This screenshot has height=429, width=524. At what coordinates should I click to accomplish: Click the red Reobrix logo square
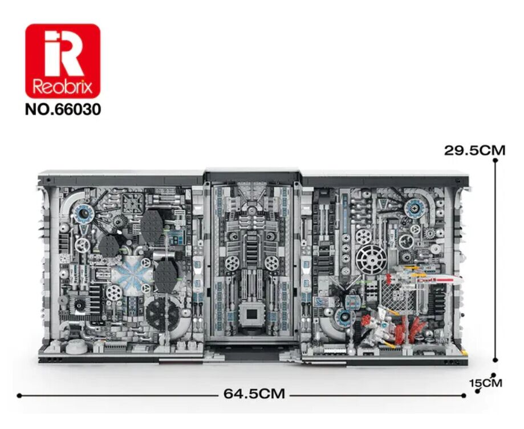point(63,61)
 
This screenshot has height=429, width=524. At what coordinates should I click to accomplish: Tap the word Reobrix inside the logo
point(63,87)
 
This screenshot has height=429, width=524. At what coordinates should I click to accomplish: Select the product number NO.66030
point(63,110)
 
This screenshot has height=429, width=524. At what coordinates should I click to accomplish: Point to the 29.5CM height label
point(474,151)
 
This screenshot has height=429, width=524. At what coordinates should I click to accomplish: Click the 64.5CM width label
point(254,394)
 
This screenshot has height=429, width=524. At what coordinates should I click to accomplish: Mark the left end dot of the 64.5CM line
point(19,395)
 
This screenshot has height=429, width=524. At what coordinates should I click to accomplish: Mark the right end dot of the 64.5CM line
point(464,395)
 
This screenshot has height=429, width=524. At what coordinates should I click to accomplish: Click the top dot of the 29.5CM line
point(495,160)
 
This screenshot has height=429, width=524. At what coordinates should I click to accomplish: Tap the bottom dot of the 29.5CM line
point(495,360)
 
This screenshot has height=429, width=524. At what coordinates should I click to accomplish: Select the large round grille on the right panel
point(371,260)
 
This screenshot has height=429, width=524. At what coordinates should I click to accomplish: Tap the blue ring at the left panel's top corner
point(83,212)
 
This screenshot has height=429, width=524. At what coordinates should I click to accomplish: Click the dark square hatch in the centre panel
point(252,315)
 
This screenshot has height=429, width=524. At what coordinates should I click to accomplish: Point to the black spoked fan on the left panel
point(163,314)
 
